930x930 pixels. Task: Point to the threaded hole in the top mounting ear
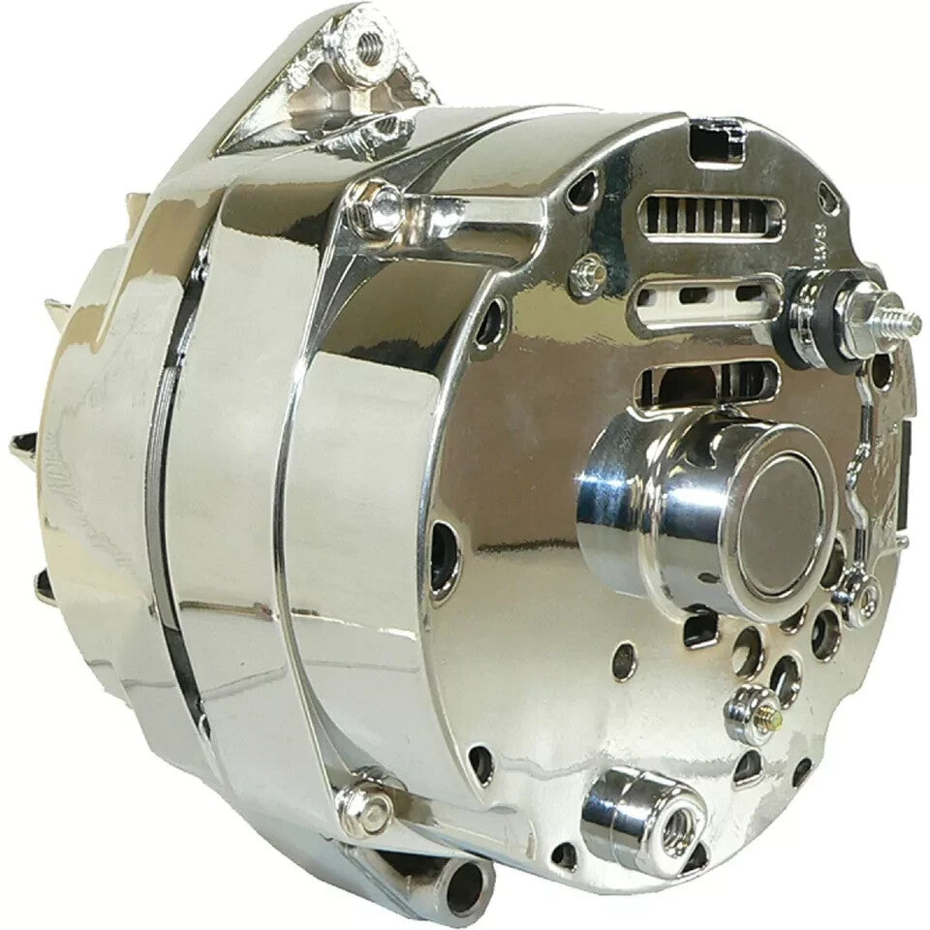click(x=368, y=46)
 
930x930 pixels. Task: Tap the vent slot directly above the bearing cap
click(x=707, y=378)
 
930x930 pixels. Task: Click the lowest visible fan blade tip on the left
click(x=44, y=581)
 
